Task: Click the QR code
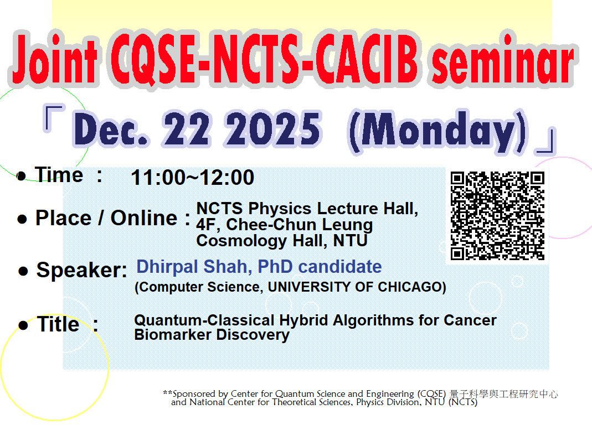click(497, 216)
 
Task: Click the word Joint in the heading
click(54, 62)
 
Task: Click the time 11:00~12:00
click(192, 178)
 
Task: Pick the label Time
click(59, 175)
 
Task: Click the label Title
click(58, 324)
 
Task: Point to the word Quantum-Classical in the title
click(212, 320)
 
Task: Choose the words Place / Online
click(106, 218)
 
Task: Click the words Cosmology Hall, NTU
click(282, 241)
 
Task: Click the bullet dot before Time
click(22, 177)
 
